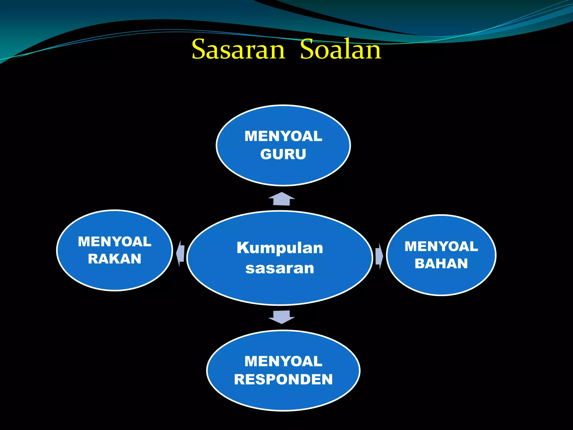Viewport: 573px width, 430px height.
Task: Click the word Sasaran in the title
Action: [238, 50]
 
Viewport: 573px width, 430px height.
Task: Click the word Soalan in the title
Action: [340, 50]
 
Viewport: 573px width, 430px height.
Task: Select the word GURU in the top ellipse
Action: [283, 154]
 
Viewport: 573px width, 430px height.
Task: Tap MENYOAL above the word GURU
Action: [283, 136]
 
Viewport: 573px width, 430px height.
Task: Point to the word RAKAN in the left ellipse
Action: [114, 259]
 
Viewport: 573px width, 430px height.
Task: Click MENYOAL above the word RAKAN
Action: [114, 242]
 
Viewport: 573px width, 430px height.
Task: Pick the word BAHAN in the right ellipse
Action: [441, 264]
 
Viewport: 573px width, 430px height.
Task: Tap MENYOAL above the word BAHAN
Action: [441, 246]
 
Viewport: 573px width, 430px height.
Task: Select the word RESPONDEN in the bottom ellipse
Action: [283, 380]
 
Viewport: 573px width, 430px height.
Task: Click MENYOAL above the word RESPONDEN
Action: [283, 361]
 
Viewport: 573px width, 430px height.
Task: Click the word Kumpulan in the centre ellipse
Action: [280, 248]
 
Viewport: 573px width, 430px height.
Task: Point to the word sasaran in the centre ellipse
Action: [280, 268]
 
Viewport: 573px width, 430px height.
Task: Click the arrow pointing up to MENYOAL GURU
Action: [281, 199]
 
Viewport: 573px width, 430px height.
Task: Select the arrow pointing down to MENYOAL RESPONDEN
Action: [281, 317]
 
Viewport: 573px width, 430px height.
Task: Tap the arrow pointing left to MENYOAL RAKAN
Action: [180, 253]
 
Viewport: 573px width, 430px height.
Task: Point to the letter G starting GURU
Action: [266, 154]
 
